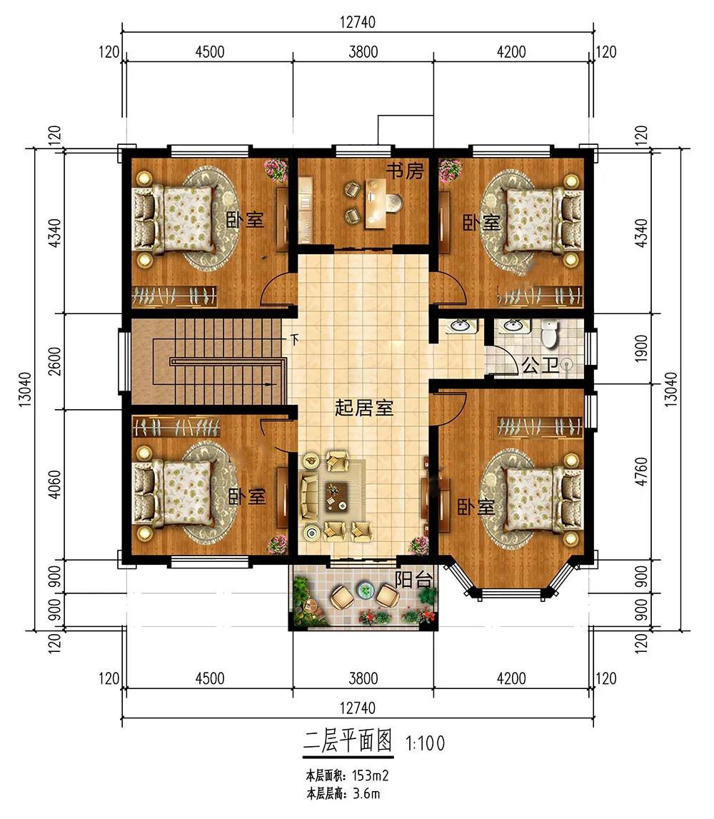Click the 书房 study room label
[405, 170]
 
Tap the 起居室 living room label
[364, 408]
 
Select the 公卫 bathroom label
[540, 365]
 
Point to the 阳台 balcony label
[413, 580]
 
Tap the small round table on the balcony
[366, 591]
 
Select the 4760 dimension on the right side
[642, 472]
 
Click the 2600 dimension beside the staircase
[55, 361]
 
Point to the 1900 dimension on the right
[642, 348]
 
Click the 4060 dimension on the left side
[55, 485]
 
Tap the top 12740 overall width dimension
[358, 22]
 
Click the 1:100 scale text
[425, 743]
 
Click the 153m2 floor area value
[371, 775]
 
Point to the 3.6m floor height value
[366, 795]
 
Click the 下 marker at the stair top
[295, 339]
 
